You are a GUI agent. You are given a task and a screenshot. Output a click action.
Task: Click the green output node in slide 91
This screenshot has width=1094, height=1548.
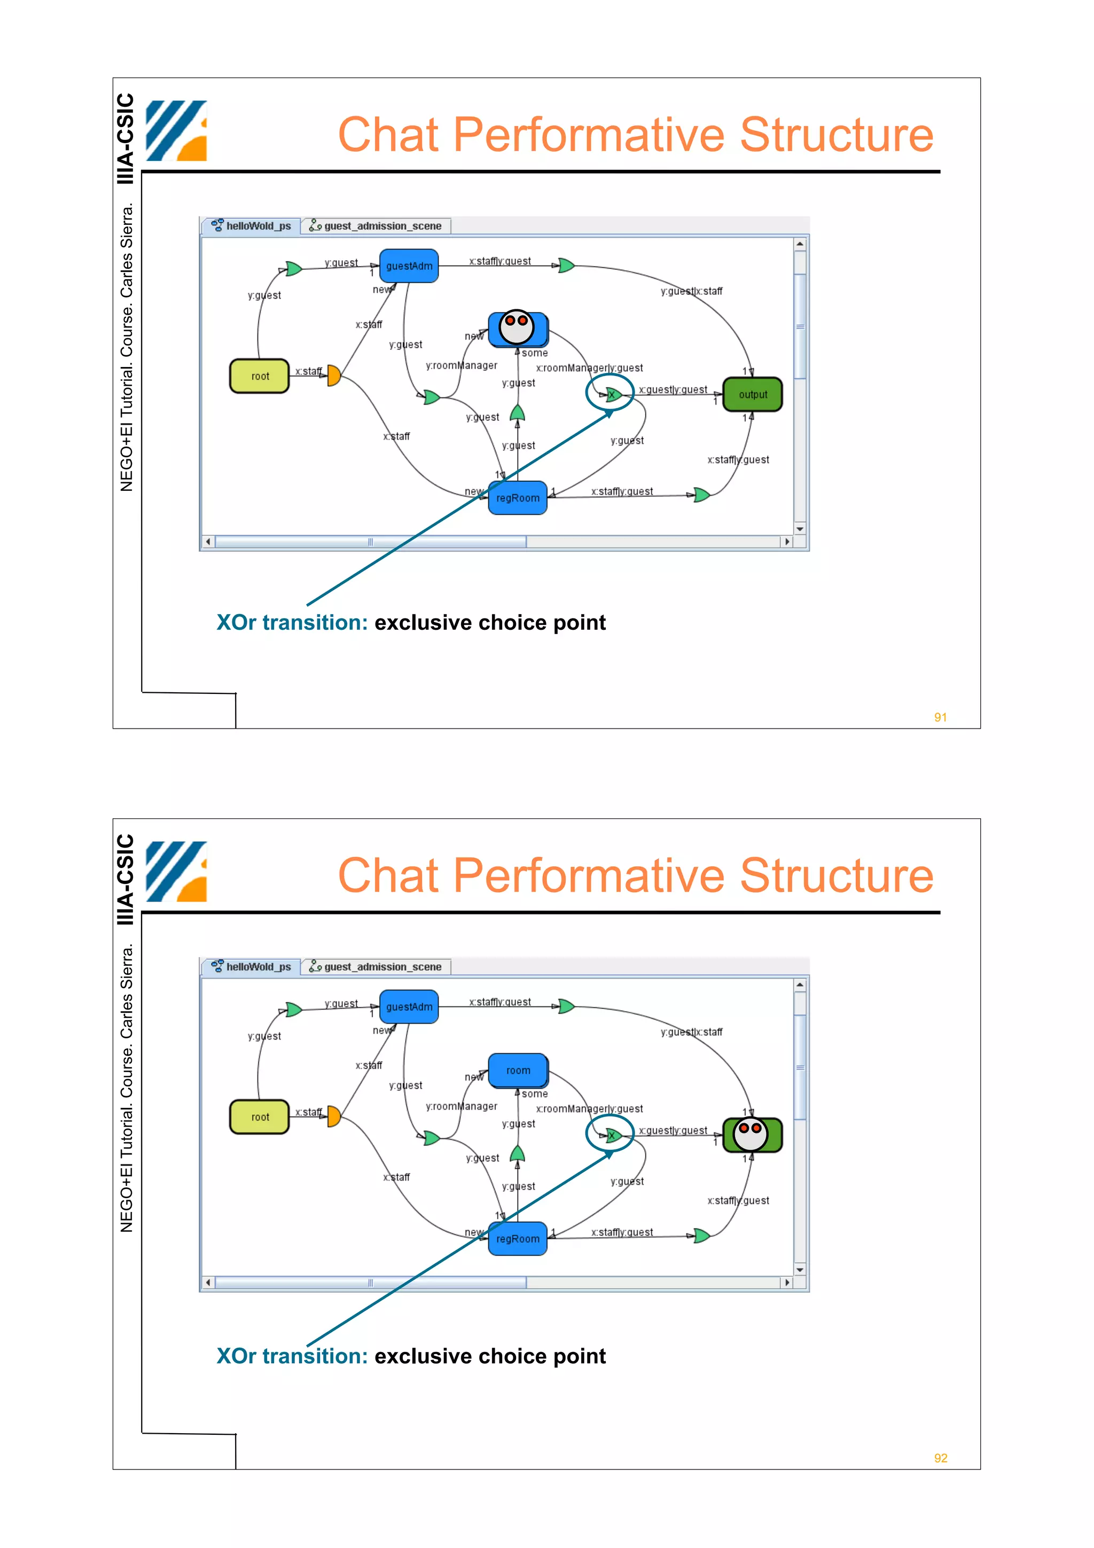point(752,394)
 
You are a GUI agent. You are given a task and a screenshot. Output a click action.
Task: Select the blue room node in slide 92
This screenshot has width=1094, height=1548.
point(518,1070)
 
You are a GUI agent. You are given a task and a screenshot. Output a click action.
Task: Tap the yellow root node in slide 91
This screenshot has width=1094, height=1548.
point(260,376)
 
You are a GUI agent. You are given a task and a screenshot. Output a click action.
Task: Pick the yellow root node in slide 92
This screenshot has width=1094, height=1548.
point(260,1117)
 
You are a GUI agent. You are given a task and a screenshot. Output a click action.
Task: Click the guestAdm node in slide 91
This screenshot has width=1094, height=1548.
point(409,265)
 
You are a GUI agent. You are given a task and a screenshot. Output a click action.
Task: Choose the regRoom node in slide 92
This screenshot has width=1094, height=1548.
point(518,1239)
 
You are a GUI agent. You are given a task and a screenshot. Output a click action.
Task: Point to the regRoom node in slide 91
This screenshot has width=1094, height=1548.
point(518,498)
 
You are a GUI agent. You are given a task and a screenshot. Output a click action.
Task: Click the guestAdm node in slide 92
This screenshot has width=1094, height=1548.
point(409,1006)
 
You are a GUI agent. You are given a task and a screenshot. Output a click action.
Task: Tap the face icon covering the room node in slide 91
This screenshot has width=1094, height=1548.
point(517,327)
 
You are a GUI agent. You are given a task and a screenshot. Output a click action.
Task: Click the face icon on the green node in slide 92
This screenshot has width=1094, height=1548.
point(750,1134)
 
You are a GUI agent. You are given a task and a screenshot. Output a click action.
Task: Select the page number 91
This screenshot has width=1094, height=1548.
point(940,717)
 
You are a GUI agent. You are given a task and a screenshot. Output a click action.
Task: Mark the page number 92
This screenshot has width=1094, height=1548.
point(940,1458)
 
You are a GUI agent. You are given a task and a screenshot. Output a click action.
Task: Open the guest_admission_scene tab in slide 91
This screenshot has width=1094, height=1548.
point(376,226)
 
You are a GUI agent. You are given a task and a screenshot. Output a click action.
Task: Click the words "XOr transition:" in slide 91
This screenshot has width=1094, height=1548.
point(292,622)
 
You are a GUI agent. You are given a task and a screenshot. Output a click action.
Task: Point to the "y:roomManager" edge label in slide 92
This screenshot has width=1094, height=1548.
point(462,1106)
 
